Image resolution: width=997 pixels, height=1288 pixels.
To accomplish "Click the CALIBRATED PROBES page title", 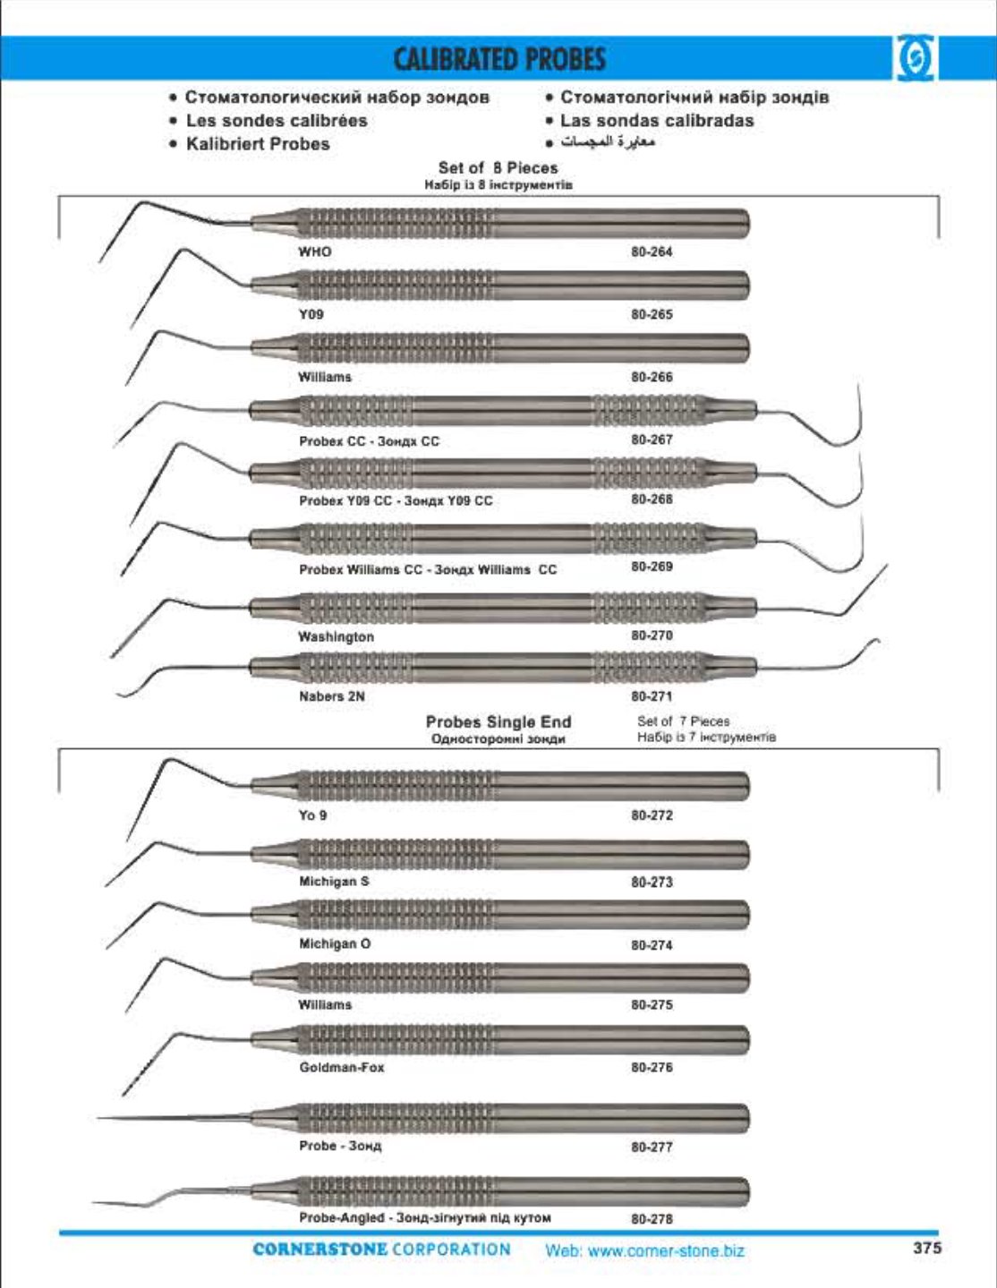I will coord(499,59).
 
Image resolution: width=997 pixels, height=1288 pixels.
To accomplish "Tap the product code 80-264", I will coord(651,252).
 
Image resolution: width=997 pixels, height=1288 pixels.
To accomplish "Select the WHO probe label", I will coord(315,252).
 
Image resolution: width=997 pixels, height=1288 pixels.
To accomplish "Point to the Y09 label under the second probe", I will coord(311,314).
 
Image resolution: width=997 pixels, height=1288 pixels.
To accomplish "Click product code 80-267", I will coord(651,439).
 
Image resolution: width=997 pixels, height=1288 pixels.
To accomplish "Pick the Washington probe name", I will coord(336,636).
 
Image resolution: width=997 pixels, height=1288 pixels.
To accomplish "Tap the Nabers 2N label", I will coord(331,695).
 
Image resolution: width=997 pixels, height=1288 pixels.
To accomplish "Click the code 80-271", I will coord(651,695).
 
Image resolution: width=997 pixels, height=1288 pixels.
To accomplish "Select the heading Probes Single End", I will coord(498,721).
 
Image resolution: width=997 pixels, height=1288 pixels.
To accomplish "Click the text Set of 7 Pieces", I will coord(683,721).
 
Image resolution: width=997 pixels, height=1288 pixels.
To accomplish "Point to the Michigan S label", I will coord(334,882).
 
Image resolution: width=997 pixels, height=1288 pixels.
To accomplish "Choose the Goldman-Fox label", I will coord(341,1067).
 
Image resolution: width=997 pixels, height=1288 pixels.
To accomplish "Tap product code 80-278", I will coord(651,1218).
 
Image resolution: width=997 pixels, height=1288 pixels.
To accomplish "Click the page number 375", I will coord(927,1248).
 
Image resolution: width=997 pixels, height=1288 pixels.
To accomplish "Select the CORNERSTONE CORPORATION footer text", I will coord(381,1250).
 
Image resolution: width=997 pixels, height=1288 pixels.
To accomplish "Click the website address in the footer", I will coord(644,1250).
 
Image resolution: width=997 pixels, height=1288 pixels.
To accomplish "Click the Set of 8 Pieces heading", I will coord(498,167).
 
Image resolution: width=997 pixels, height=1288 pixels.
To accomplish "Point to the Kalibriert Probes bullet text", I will coord(258,144).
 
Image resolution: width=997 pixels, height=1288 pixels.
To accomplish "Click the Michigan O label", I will coord(335,943).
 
